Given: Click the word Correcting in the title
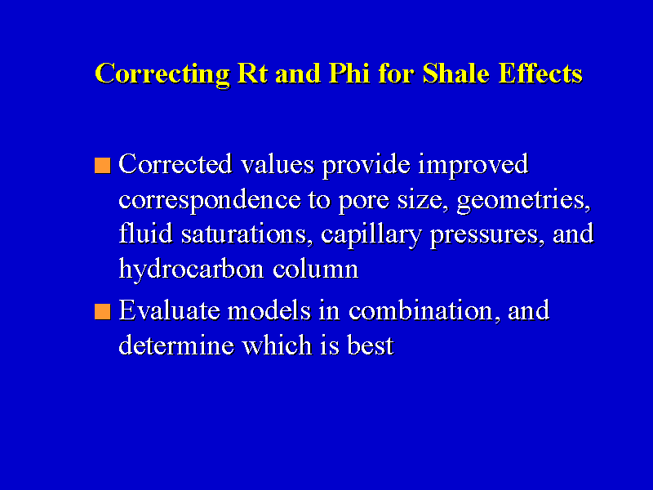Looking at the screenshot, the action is tap(162, 74).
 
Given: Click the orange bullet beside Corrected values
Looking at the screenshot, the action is tap(103, 165).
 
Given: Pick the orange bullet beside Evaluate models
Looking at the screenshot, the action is tap(103, 312).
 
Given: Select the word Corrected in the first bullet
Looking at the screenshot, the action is tap(175, 163).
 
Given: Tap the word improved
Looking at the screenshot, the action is tap(473, 165).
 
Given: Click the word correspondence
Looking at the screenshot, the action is tap(210, 200).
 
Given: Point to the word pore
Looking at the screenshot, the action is tap(363, 203).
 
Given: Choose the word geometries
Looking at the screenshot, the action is tap(523, 200).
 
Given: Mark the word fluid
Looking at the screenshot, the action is tap(145, 233).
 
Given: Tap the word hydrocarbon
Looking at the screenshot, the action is tap(191, 269).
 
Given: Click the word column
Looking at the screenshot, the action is tap(315, 269).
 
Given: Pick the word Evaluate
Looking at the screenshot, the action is tap(169, 310).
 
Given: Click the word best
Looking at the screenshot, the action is tap(371, 345).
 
